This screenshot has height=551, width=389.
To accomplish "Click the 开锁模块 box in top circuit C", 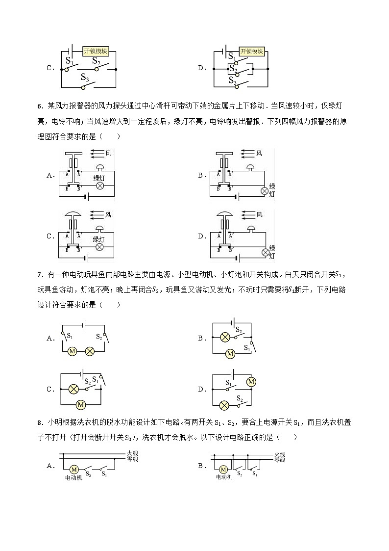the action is coord(96,51).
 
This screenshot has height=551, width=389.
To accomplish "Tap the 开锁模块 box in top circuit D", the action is coord(252,51).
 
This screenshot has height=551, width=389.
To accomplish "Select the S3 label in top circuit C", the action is coord(84,78).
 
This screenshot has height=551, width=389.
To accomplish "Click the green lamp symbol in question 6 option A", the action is coord(100,186).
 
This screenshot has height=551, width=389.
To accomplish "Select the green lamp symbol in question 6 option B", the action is coord(266,190).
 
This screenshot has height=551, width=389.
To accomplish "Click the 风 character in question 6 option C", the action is coord(108,214).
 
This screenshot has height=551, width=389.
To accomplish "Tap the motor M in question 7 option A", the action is coord(72,351).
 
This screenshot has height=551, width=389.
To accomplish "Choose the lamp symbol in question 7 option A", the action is coord(90,351).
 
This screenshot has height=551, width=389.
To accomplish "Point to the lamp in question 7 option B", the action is coord(224,337).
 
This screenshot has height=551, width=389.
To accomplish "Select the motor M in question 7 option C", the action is coord(81,404).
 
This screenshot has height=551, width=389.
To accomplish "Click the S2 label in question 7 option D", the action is coord(240,398).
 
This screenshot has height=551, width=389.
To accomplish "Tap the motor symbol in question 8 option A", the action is coord(73,469).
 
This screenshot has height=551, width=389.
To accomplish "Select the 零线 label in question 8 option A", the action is coord(132,459).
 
